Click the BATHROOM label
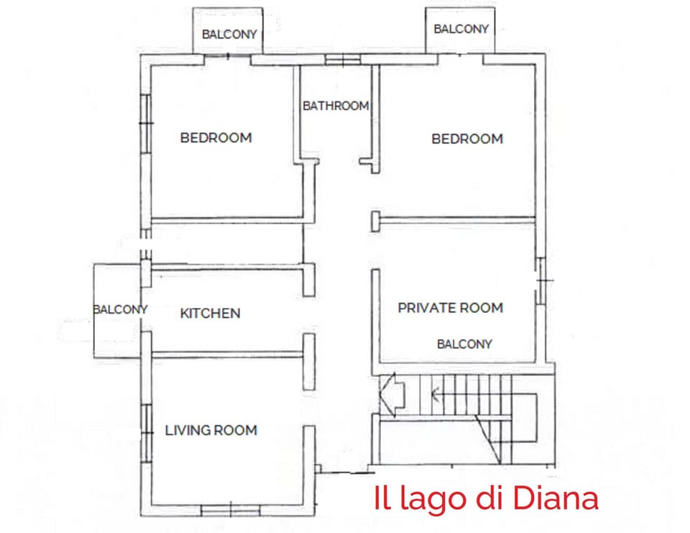click(x=336, y=106)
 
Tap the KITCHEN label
click(x=210, y=314)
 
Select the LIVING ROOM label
click(x=211, y=430)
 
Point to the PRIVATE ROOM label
click(x=451, y=308)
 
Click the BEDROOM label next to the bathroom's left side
click(x=216, y=137)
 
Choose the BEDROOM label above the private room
click(x=467, y=139)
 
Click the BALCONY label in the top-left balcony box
click(x=229, y=34)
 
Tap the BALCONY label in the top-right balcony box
click(x=461, y=29)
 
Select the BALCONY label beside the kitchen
click(x=120, y=309)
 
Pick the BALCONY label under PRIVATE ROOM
click(x=464, y=344)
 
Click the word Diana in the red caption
click(x=556, y=498)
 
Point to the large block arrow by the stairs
click(x=392, y=394)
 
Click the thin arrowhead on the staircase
click(x=435, y=393)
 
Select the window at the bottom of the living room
click(x=230, y=510)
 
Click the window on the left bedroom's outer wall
click(x=146, y=124)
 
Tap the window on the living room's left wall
click(x=146, y=432)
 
